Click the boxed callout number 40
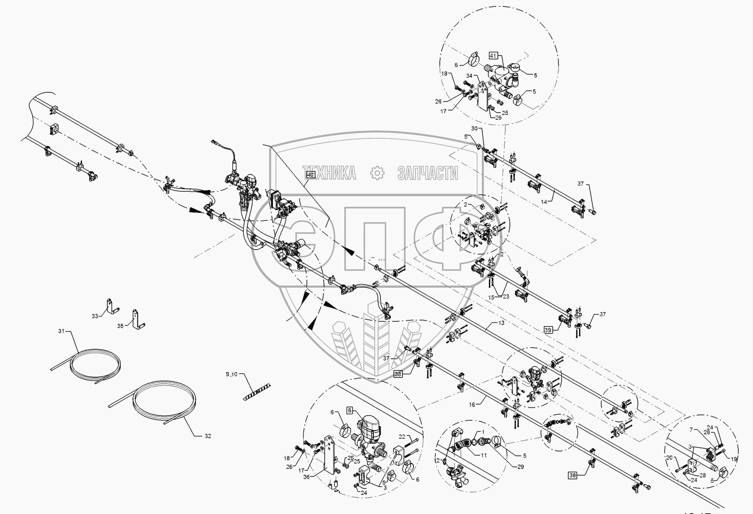310,175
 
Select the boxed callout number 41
492,56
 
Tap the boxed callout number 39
548,330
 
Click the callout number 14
544,201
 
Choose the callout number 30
474,128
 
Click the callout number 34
469,76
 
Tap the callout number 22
402,437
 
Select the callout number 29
520,467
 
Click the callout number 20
669,458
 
